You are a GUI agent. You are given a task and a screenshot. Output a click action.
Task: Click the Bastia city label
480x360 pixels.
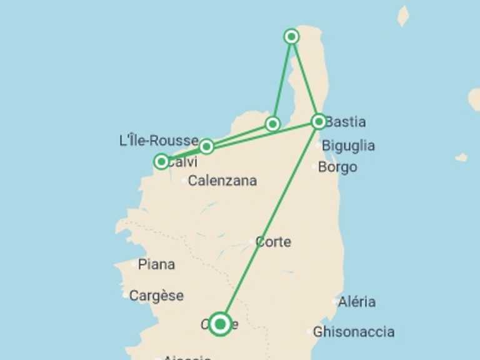346,122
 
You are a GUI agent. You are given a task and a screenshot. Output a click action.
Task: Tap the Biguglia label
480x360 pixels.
348,146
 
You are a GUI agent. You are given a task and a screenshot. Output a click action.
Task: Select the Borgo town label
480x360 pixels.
337,167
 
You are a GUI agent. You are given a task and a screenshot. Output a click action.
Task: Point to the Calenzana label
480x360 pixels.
222,181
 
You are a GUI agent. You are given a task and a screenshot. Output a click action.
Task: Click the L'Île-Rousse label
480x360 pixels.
158,141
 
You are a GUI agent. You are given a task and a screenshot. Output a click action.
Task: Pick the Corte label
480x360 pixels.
273,242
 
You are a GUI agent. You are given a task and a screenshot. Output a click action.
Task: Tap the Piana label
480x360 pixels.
156,264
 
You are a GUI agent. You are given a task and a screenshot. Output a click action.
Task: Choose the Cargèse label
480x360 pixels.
156,296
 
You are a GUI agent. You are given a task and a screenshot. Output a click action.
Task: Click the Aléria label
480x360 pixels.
357,302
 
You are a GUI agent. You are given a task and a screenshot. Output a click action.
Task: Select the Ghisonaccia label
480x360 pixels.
354,331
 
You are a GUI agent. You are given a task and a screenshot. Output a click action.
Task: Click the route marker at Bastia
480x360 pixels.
319,121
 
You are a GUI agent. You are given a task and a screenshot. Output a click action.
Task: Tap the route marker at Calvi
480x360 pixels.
162,162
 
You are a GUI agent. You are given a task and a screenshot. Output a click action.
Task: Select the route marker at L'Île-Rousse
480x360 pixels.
206,147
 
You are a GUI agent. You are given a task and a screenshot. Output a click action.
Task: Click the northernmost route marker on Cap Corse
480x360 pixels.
291,36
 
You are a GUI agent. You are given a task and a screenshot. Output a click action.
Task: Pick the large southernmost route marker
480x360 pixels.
220,324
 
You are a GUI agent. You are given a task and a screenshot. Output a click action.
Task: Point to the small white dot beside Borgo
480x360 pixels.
315,166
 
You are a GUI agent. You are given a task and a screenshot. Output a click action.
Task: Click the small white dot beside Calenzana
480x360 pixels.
184,181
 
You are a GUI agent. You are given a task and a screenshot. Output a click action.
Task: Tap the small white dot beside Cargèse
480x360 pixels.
126,295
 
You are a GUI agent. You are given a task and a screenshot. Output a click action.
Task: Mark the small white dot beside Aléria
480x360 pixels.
335,302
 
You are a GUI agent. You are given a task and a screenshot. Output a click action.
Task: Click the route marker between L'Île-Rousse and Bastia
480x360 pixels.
272,124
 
